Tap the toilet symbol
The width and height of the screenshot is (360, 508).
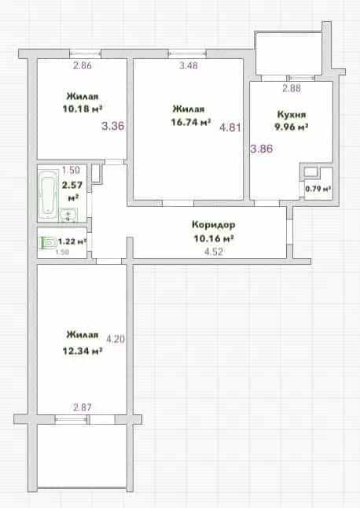click(x=47, y=243)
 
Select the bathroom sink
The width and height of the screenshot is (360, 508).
click(x=68, y=214)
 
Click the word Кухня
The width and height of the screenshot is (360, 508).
click(x=292, y=115)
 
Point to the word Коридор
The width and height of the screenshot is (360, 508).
click(x=213, y=225)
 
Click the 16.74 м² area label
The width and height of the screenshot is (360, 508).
click(x=191, y=123)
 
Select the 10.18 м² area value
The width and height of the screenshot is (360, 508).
click(x=83, y=109)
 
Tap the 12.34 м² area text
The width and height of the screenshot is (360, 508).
click(x=83, y=351)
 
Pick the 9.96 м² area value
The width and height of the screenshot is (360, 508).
click(x=292, y=127)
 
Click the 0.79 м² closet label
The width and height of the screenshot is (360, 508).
click(x=318, y=189)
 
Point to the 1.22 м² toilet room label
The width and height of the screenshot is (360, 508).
click(x=72, y=241)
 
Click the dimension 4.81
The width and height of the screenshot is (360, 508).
click(x=230, y=127)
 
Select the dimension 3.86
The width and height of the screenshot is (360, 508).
click(x=262, y=149)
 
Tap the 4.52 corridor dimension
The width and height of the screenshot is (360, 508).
click(x=214, y=252)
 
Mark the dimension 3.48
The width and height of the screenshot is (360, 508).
click(x=189, y=65)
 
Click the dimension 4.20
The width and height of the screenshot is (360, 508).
click(x=116, y=339)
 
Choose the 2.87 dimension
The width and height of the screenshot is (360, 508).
click(x=83, y=407)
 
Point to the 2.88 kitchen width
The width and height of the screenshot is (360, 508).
click(x=292, y=88)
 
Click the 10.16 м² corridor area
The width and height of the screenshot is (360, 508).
click(x=214, y=239)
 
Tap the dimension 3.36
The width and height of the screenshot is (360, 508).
click(x=112, y=126)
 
